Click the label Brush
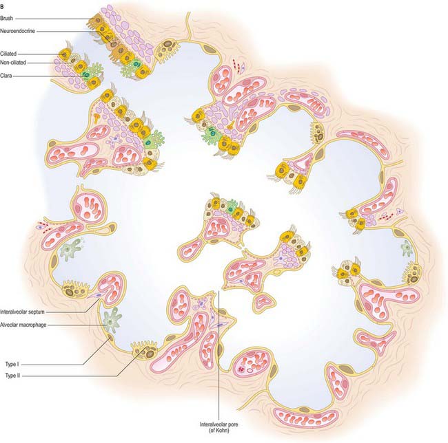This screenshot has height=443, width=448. (x=7, y=19)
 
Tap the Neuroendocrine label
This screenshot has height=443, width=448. (x=17, y=31)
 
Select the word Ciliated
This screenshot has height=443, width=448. (x=8, y=54)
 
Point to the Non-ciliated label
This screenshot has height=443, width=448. (x=13, y=63)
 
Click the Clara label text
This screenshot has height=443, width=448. (x=6, y=76)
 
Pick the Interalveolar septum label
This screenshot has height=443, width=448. (x=22, y=312)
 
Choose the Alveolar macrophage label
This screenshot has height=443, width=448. (x=23, y=325)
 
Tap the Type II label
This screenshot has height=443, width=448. (x=12, y=376)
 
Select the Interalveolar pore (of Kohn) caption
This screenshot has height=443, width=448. (x=219, y=427)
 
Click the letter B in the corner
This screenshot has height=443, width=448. (x=2, y=8)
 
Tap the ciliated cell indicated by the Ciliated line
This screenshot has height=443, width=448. (x=65, y=54)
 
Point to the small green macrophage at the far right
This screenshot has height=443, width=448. (x=406, y=248)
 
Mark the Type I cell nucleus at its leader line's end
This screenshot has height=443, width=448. (x=110, y=339)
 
